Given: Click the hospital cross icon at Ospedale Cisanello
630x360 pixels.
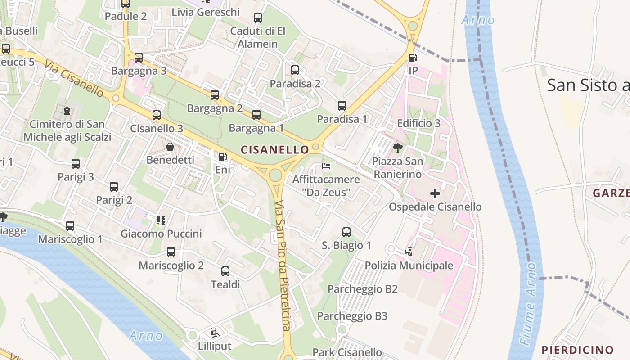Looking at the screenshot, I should (435, 193).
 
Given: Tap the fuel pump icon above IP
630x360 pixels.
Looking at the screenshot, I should (413, 58).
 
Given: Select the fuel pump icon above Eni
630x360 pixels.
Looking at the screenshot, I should (222, 157).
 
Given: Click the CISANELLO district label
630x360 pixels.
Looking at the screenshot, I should (275, 149).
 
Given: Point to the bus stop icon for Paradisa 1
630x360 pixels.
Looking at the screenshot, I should (342, 106).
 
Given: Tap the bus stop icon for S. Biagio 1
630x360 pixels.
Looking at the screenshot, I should (346, 232).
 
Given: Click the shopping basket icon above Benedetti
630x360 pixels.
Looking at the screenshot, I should (170, 147).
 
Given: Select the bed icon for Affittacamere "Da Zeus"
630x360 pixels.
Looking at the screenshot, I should (326, 166).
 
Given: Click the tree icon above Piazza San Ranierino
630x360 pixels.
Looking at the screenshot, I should (397, 148).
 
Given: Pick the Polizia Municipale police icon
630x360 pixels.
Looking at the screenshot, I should (409, 252).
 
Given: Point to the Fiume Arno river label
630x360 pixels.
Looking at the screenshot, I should (530, 304).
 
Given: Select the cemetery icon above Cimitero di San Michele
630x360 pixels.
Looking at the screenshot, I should (67, 110).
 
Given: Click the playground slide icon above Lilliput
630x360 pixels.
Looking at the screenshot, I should (215, 333).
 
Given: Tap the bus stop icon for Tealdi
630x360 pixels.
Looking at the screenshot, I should (225, 271).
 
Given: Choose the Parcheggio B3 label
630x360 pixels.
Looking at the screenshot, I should (352, 316).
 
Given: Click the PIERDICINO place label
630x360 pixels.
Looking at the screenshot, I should (577, 350).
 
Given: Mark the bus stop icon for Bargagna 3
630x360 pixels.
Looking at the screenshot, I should (139, 58).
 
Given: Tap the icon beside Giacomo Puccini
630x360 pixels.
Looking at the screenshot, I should (161, 220).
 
